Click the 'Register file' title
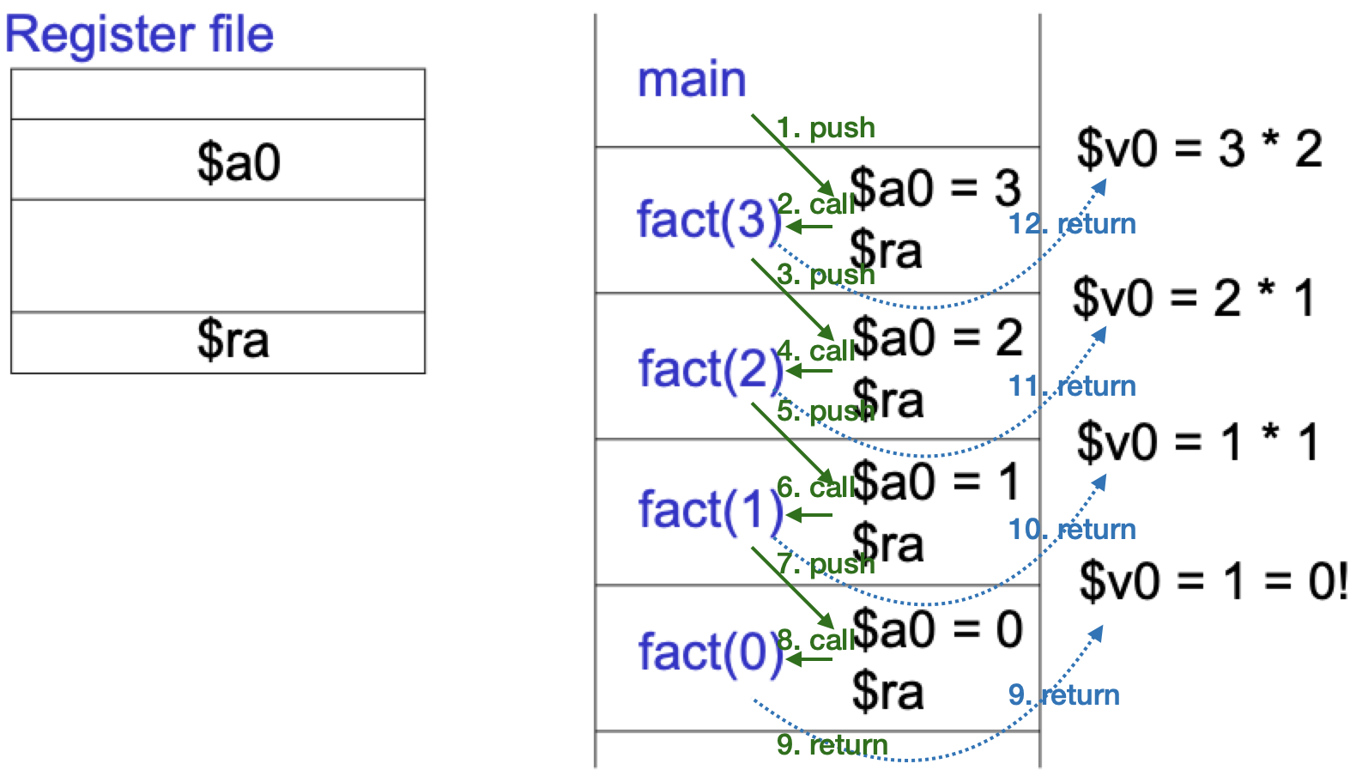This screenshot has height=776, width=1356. point(139,34)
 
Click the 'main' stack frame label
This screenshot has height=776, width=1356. point(691,80)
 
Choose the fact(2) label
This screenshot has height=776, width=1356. point(710,370)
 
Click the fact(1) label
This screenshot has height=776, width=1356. point(710,511)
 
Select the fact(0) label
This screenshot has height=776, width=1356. point(710,652)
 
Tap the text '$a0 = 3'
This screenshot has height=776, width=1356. point(935,187)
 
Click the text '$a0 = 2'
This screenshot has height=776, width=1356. point(937,337)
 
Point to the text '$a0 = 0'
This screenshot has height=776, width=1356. point(937,629)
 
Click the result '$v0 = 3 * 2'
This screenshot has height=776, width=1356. point(1199,149)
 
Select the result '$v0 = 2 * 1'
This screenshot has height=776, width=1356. point(1194,299)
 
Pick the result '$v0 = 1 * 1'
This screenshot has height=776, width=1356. point(1197,443)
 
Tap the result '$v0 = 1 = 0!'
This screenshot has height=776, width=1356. point(1213,581)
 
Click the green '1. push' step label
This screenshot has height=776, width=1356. point(826,128)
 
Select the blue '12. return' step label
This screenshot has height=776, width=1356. point(1072,224)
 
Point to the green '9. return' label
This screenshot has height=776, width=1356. point(832,745)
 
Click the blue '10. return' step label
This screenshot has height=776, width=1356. point(1072,530)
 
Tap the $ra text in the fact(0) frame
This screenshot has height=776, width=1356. point(887,692)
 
